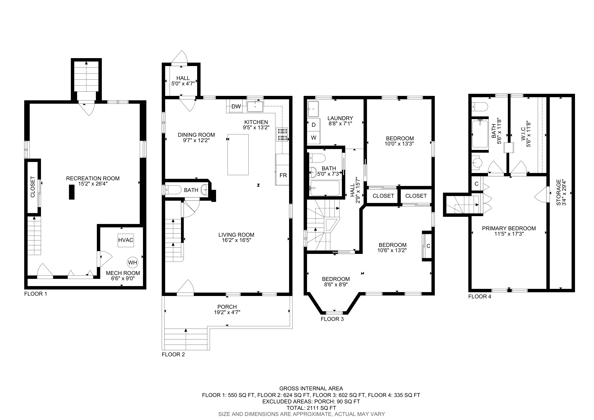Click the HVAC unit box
tap(126, 240)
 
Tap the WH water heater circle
tap(132, 263)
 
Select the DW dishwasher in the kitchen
tap(236, 106)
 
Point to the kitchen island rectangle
tap(238, 155)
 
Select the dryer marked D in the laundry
tap(314, 125)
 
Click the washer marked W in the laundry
tap(314, 138)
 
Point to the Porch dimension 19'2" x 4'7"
tap(227, 312)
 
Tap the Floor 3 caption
tap(332, 319)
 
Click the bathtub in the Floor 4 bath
tap(480, 134)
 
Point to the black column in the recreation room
tap(72, 192)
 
